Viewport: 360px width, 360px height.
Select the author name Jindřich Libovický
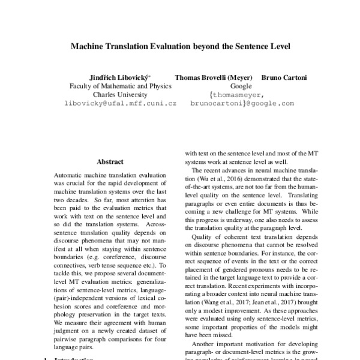121,77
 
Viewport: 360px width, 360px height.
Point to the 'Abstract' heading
110,161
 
